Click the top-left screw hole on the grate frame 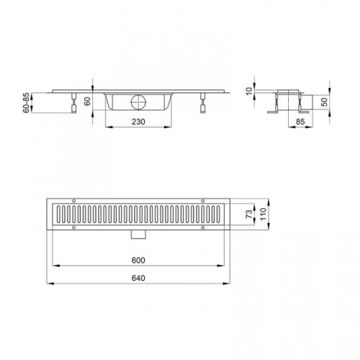[x=75, y=201]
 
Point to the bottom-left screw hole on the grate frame [x=75, y=227]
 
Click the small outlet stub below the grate [x=137, y=235]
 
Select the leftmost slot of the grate [x=60, y=214]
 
